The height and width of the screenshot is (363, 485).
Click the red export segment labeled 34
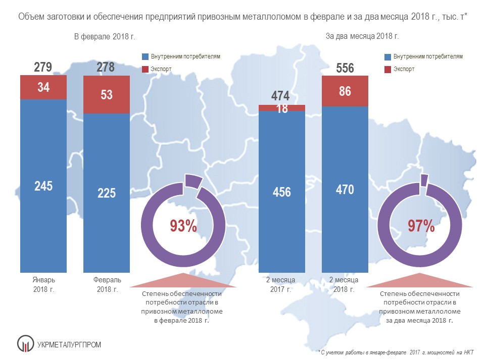tap(43, 87)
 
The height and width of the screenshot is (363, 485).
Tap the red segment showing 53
tap(107, 94)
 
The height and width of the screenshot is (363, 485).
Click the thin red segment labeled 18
tap(282, 107)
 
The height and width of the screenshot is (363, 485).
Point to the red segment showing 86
tap(345, 91)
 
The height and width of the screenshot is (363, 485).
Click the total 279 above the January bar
tap(43, 68)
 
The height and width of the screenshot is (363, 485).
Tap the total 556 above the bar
tap(345, 69)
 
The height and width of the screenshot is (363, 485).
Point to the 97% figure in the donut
tap(421, 226)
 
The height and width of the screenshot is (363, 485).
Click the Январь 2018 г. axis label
tap(43, 284)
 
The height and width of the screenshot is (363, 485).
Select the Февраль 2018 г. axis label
tap(106, 284)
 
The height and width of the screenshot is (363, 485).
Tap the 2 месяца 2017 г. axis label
tap(282, 284)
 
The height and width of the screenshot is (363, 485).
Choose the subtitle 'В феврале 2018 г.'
tap(105, 36)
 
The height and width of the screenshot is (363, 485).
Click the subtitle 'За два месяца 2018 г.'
tap(362, 36)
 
